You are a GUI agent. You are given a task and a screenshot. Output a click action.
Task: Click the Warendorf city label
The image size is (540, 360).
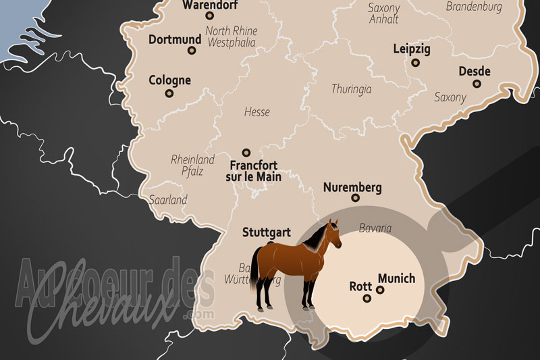pos(209,5)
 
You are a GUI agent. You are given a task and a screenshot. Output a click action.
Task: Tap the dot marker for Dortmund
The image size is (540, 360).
pos(192,50)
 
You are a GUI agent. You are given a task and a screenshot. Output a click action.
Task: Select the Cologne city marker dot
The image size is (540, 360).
pos(169,93)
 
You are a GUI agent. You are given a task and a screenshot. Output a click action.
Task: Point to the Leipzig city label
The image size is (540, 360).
pos(411,49)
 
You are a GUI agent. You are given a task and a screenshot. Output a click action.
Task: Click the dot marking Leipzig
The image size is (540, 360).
pos(415,62)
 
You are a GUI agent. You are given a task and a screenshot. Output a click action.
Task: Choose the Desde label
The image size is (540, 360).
pos(475,72)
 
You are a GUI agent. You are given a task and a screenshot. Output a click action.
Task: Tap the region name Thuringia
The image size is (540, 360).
pos(352,88)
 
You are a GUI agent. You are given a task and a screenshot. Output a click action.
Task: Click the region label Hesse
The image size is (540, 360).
pos(256,112)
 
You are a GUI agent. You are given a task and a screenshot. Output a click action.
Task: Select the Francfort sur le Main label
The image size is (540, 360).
pos(253,170)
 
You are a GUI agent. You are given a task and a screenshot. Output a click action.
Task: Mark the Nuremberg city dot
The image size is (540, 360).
pos(355,198)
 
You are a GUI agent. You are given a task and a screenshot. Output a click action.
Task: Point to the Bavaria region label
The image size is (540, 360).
pos(375,228)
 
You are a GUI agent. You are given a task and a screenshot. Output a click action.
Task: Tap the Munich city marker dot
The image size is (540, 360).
pos(380,290)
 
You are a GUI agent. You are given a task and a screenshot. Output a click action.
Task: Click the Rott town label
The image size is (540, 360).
pos(360,285)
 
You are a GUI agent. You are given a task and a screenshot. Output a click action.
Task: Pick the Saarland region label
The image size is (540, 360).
pos(168,200)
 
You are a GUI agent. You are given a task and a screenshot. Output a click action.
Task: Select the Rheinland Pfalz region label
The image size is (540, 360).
pos(193,165)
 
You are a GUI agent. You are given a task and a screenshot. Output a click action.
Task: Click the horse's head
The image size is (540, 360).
pos(331,233)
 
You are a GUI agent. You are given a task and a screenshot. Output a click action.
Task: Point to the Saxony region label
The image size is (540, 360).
pos(450,97)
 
